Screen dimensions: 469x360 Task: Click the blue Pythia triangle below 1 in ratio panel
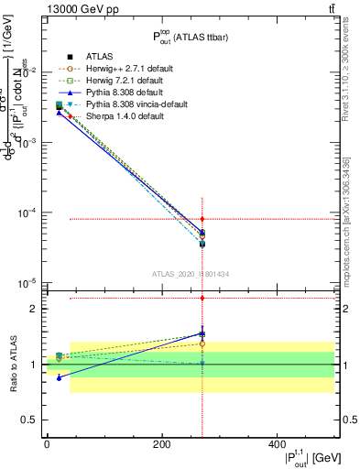click(x=60, y=377)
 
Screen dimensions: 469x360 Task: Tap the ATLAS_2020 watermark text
click(x=191, y=274)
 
